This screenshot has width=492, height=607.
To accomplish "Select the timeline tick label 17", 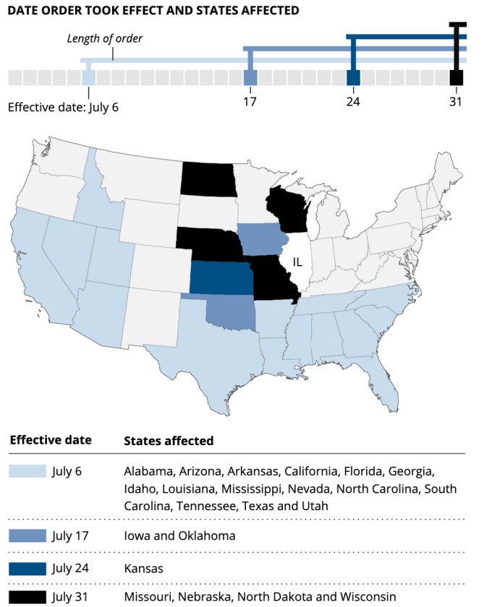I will [x=250, y=101].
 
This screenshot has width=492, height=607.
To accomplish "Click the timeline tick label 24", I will [x=353, y=101].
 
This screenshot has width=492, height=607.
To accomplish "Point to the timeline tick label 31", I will [x=455, y=101].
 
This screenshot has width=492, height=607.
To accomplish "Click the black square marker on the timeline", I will [x=456, y=77].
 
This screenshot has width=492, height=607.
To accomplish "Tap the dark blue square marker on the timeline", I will [x=353, y=77].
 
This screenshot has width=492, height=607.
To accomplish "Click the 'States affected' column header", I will [x=169, y=440].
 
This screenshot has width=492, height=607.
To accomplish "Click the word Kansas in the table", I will [x=143, y=568].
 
